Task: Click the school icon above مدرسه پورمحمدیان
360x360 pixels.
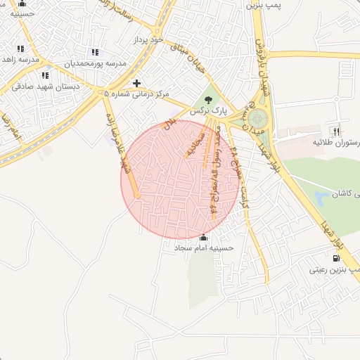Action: [x=95, y=53]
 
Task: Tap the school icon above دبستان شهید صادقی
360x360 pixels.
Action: [x=45, y=75]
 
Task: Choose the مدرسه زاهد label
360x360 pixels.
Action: [x=19, y=60]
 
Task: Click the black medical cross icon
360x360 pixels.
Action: [x=136, y=83]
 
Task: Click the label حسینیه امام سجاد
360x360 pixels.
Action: [x=204, y=248]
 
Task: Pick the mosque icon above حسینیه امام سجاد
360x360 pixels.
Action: [x=204, y=238]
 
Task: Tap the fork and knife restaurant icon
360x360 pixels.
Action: [x=336, y=131]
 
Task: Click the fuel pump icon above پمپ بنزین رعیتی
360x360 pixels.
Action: [x=345, y=258]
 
